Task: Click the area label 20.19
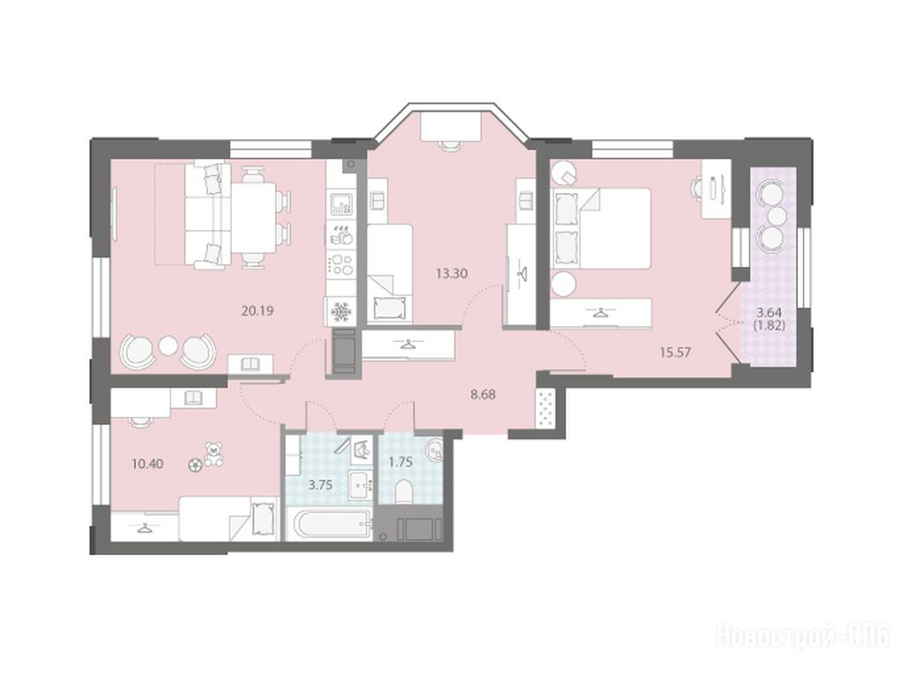257,311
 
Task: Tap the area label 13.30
451,273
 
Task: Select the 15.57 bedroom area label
675,352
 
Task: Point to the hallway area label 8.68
482,395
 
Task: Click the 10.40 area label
147,464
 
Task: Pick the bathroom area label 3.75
320,485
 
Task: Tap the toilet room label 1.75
401,462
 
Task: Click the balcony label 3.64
769,313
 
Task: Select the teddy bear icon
214,454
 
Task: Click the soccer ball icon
194,464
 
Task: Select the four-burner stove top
340,265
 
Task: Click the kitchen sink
340,204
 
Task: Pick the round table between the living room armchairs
168,345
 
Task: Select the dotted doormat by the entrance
545,408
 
